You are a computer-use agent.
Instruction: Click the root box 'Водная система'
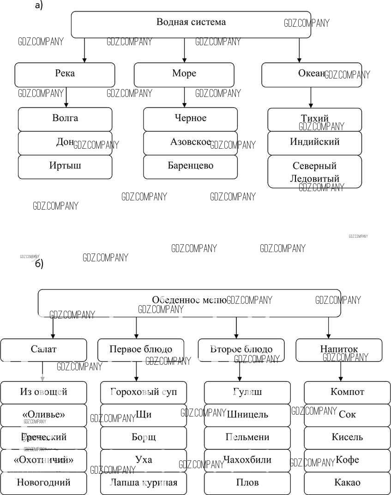[x=191, y=24]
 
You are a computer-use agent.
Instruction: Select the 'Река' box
[x=65, y=74]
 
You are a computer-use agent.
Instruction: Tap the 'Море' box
[x=184, y=74]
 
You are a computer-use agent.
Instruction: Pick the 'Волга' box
[x=65, y=119]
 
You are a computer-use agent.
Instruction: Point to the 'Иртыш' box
[x=65, y=166]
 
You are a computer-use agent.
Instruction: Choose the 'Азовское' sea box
[x=190, y=143]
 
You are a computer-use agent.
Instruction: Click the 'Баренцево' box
[x=190, y=166]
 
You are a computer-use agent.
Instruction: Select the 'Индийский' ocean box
[x=314, y=143]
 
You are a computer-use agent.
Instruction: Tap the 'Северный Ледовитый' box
[x=314, y=172]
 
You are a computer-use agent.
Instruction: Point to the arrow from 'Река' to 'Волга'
[x=66, y=97]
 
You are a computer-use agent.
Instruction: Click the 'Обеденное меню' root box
[x=189, y=302]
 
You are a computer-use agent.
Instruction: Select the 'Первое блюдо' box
[x=141, y=350]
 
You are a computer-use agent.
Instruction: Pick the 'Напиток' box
[x=339, y=350]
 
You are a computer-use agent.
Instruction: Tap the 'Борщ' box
[x=144, y=437]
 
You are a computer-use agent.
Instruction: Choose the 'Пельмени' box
[x=247, y=437]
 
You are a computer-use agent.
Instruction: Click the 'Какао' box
[x=347, y=483]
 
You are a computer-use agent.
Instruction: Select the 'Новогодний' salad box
[x=43, y=483]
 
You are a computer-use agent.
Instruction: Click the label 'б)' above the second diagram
[x=39, y=265]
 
